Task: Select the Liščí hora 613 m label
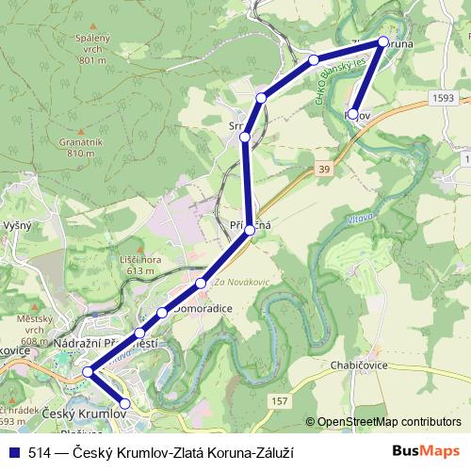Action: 138,264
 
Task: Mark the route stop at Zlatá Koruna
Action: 382,41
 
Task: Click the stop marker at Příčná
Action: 250,229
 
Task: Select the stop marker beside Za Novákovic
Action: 201,284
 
